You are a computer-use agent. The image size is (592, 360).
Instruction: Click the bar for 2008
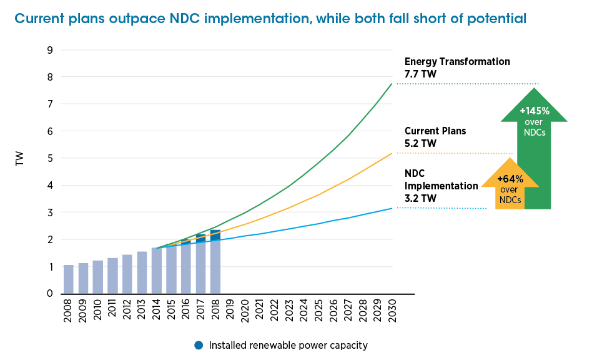69,279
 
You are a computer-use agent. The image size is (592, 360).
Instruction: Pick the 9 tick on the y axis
50,50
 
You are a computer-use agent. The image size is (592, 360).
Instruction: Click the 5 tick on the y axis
50,158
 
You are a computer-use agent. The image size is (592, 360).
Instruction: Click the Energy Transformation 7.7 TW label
456,67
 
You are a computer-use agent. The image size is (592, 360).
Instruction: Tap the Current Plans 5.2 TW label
435,137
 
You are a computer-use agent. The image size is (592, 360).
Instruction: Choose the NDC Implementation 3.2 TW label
441,186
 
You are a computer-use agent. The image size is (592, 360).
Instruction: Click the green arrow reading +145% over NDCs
535,150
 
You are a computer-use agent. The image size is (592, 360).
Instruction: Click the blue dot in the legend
199,345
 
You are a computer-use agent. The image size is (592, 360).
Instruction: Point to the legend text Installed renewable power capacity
288,345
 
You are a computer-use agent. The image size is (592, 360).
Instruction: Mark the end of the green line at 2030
392,84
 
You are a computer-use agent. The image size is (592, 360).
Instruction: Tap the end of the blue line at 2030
392,208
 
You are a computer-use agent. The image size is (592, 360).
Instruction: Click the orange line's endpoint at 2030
392,153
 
